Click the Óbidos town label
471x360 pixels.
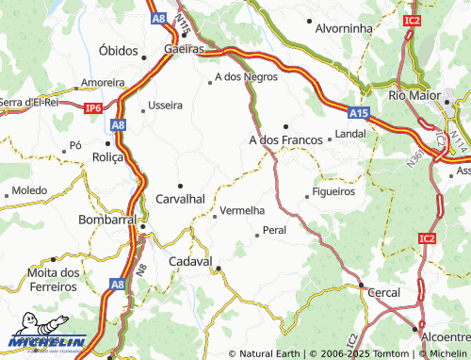tap(118, 50)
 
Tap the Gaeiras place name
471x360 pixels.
tap(184, 48)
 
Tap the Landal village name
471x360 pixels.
tap(350, 134)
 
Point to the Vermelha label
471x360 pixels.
tap(242, 209)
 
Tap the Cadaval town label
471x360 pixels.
tap(190, 260)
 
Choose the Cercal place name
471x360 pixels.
tap(383, 292)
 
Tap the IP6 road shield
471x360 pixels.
tap(92, 108)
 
